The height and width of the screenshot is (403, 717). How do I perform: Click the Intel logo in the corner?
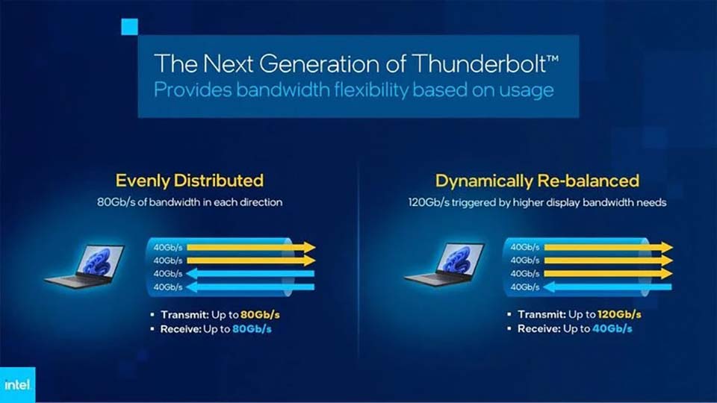click(16, 385)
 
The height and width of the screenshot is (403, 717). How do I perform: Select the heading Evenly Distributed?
click(189, 181)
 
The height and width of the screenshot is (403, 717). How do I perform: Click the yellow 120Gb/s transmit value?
click(618, 314)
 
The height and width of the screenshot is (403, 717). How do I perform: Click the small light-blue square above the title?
click(130, 27)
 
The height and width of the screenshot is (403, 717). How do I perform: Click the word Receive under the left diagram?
click(179, 328)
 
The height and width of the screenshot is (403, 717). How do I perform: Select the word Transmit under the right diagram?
click(540, 314)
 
